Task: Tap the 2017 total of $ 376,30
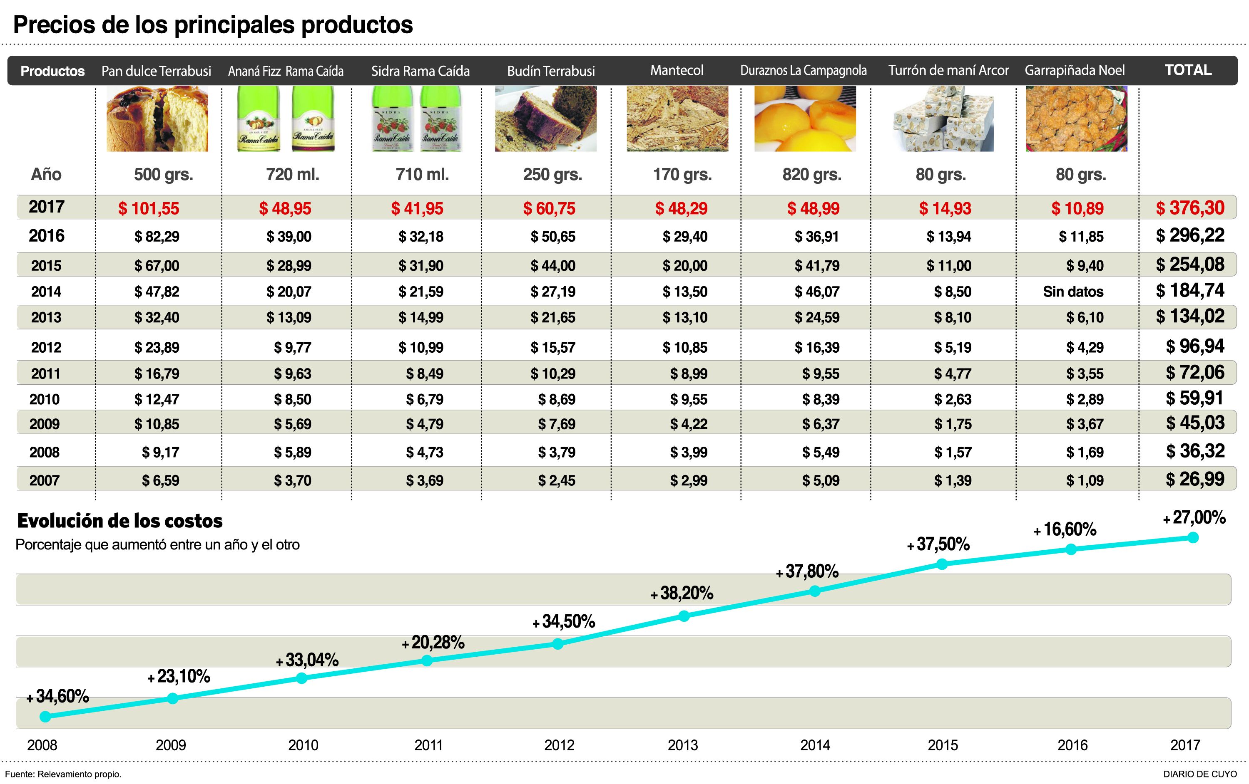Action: pyautogui.click(x=1190, y=208)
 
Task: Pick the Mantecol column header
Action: pyautogui.click(x=677, y=70)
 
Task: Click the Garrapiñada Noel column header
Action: pyautogui.click(x=1075, y=70)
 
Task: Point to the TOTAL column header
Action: pyautogui.click(x=1188, y=70)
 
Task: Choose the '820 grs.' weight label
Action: pyautogui.click(x=812, y=175)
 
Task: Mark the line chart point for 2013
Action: pyautogui.click(x=684, y=616)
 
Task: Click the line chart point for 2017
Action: pyautogui.click(x=1192, y=537)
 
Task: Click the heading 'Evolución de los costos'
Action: pyautogui.click(x=120, y=521)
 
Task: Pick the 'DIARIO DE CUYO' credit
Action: pyautogui.click(x=1200, y=774)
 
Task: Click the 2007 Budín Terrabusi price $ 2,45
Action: pyautogui.click(x=557, y=480)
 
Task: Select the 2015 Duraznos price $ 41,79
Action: pyautogui.click(x=816, y=266)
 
